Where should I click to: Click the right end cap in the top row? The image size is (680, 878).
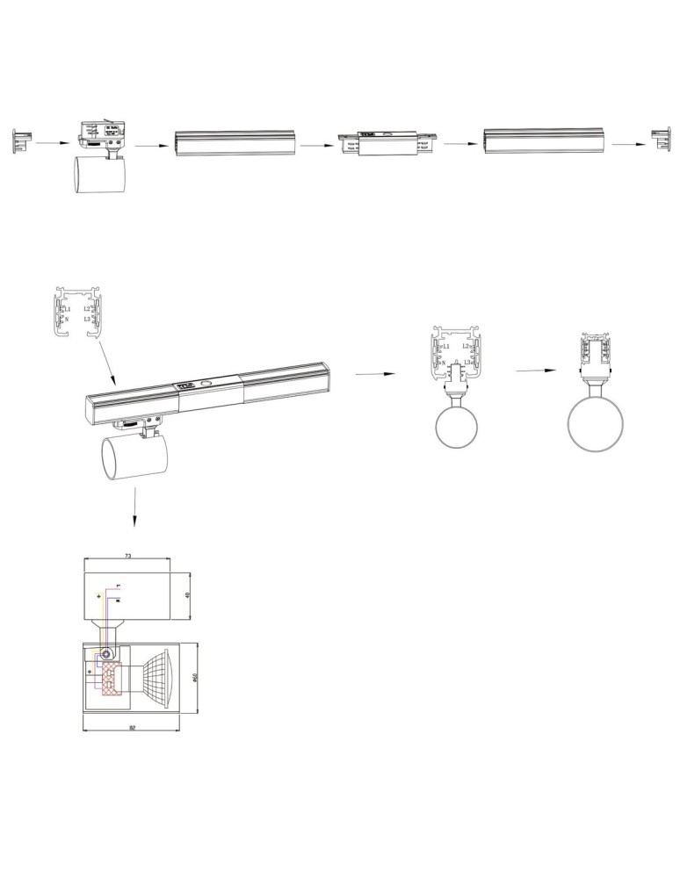click(x=661, y=139)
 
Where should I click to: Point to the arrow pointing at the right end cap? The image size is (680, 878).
click(x=627, y=143)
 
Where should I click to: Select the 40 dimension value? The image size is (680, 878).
click(x=187, y=594)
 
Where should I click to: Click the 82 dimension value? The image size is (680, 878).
click(x=132, y=728)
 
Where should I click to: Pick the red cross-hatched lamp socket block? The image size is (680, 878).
click(x=108, y=678)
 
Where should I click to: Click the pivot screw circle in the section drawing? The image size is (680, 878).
click(x=107, y=653)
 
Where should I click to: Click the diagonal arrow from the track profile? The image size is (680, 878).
click(x=103, y=361)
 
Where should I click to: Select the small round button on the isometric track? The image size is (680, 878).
click(x=206, y=384)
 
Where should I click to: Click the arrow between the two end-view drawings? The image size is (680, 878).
click(x=535, y=371)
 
